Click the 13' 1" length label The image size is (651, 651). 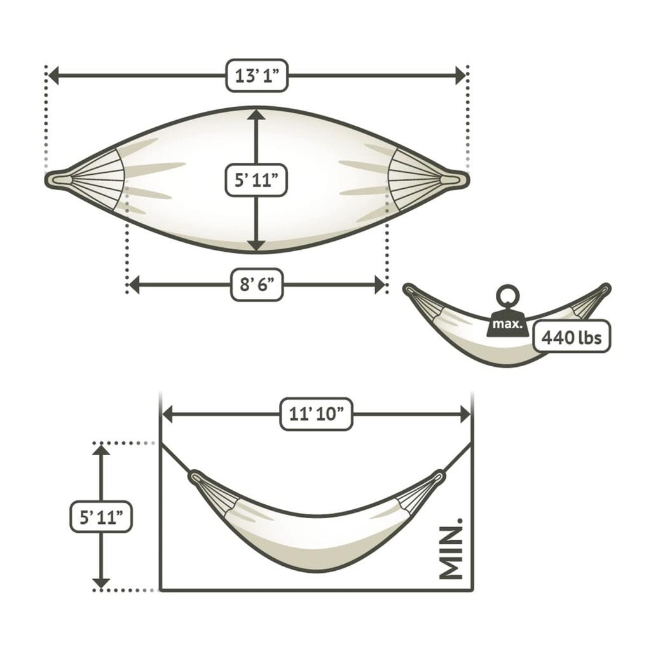257,76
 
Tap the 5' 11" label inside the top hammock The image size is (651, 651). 256,180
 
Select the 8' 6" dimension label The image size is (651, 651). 256,284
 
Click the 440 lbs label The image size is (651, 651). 571,337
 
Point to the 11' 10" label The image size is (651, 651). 316,415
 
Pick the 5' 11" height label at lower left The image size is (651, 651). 101,517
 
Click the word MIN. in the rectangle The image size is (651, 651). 451,548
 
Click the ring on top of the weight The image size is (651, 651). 508,296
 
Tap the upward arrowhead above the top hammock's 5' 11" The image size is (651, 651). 256,115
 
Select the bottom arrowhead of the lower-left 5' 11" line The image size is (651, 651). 101,582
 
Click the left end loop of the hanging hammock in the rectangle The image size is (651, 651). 195,476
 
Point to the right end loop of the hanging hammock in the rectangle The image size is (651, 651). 438,475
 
